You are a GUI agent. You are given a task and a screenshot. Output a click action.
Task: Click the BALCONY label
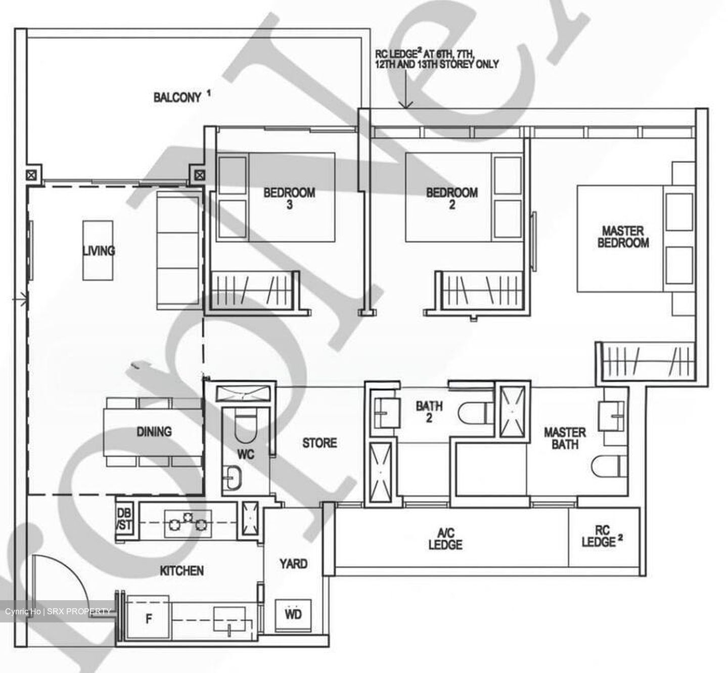[x=177, y=97]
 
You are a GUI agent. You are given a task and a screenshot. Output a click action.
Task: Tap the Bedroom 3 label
[x=289, y=198]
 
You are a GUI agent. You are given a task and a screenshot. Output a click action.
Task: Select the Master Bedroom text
[x=623, y=237]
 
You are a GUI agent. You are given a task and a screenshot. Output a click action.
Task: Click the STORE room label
[x=319, y=443]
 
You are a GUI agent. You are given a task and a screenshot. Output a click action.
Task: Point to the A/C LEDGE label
[x=445, y=539]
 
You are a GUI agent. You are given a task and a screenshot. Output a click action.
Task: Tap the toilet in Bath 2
[x=474, y=412]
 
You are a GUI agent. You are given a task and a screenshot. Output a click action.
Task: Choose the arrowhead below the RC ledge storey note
[x=406, y=105]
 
